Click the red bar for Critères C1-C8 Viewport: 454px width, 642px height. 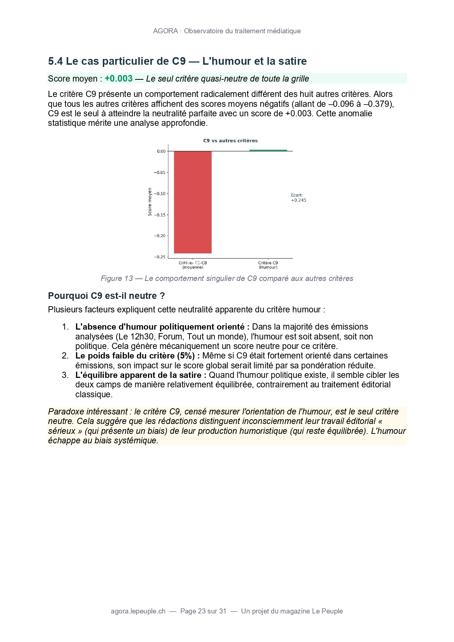coord(192,202)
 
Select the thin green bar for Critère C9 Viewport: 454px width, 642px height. coord(268,150)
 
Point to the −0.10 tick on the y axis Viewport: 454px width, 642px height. coord(161,194)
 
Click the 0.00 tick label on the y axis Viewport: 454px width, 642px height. coord(161,151)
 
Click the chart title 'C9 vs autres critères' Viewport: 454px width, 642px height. coord(230,140)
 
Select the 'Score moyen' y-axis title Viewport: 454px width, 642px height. coord(150,202)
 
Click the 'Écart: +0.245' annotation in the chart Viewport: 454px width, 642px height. coord(298,198)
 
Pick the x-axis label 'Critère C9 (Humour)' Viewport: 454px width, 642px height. coord(268,265)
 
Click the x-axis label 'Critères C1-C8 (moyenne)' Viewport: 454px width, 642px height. coord(192,265)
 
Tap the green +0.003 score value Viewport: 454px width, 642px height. coord(119,79)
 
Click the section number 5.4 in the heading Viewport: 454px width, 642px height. coord(56,61)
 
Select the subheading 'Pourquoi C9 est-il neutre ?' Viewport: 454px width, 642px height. coord(106,296)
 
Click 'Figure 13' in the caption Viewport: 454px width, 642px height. coord(117,278)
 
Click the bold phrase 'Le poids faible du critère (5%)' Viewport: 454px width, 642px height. coord(138,356)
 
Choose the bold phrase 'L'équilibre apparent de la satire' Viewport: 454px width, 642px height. coord(141,375)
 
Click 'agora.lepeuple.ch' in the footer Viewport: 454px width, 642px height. coord(138,611)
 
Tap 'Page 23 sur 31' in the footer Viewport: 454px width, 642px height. coord(203,611)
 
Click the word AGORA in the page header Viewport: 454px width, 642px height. coord(165,31)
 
